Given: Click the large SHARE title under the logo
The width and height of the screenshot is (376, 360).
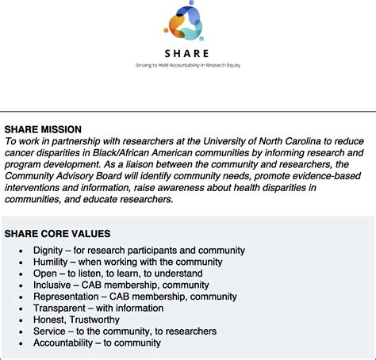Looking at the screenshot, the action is (x=187, y=54).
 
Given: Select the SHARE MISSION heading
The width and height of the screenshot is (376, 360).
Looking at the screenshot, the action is (x=43, y=129).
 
